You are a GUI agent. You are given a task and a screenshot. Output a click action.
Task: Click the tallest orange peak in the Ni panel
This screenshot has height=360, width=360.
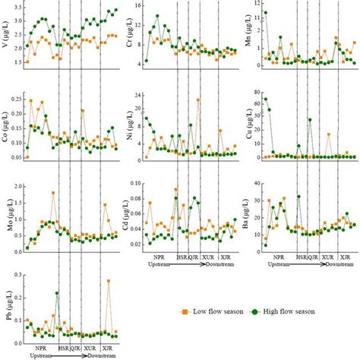point(198,99)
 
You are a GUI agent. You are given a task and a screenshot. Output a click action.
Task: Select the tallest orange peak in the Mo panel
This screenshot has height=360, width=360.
point(53,193)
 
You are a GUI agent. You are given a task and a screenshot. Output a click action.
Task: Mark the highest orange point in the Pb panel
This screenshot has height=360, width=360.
point(109,281)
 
